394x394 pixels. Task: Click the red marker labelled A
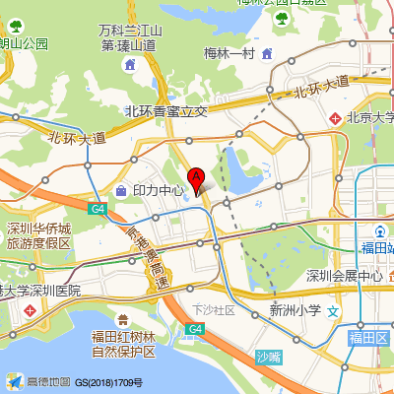click(x=196, y=178)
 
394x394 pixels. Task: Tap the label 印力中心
click(x=159, y=189)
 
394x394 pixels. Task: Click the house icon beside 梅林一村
click(x=268, y=52)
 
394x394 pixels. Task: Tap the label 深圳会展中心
click(x=344, y=276)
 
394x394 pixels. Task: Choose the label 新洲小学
click(x=295, y=310)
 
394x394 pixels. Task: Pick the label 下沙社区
click(x=214, y=309)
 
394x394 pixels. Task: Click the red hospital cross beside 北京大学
click(x=336, y=118)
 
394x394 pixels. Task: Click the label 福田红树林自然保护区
click(x=123, y=344)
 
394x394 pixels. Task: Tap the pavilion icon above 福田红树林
click(x=123, y=319)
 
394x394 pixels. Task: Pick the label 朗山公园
click(x=24, y=42)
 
